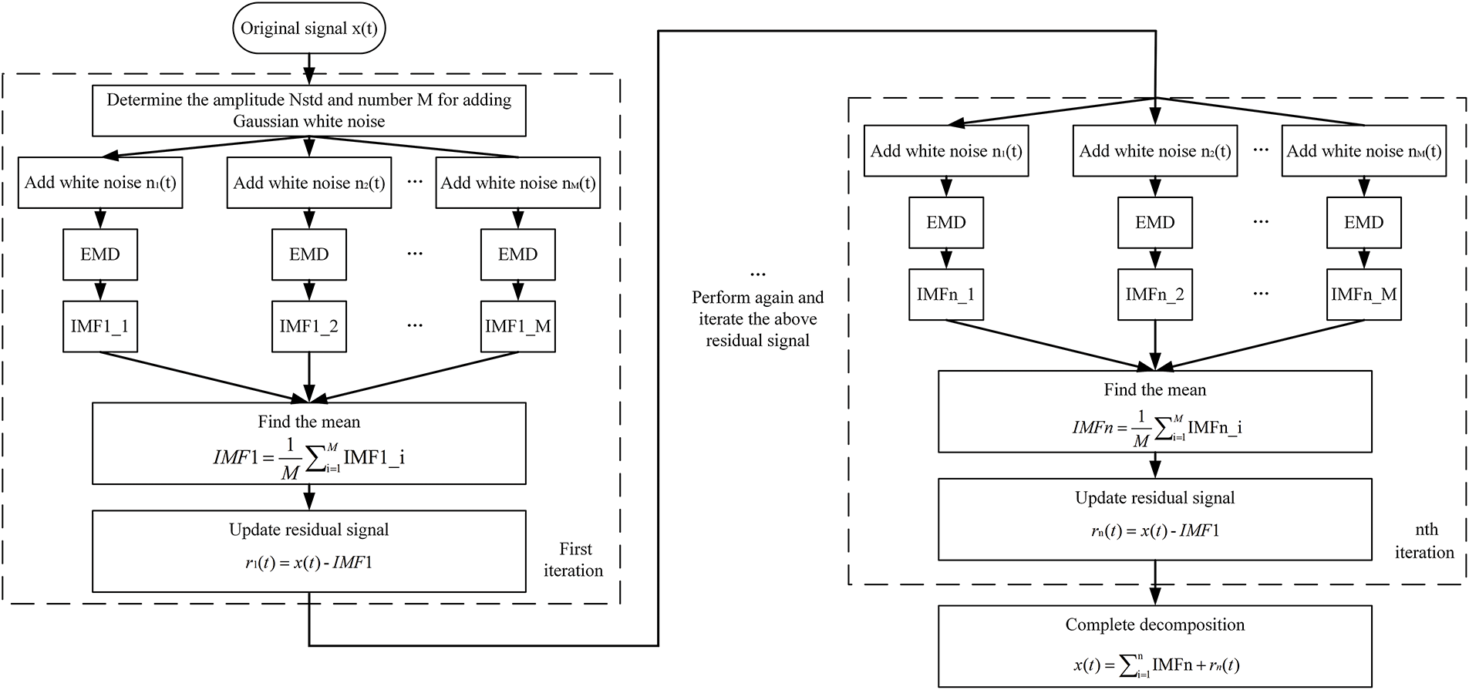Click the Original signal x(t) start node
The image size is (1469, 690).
(x=308, y=29)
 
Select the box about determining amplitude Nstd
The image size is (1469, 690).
(x=308, y=111)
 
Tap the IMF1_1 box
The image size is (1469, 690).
(x=100, y=326)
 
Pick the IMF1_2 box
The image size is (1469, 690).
(x=308, y=326)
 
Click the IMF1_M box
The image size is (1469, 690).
(x=517, y=326)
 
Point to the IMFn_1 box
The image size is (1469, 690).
(x=946, y=294)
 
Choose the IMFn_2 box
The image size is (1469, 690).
(x=1154, y=294)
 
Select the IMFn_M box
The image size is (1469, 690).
(x=1363, y=294)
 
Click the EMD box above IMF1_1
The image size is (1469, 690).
(x=100, y=254)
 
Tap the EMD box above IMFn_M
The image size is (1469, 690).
(x=1363, y=222)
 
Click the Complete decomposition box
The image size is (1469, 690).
(x=1154, y=646)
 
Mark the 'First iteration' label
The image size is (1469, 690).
(x=574, y=560)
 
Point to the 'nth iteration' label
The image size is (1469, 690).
(x=1424, y=541)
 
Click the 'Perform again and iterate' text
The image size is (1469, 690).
(x=757, y=319)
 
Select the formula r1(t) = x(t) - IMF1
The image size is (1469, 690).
(x=308, y=563)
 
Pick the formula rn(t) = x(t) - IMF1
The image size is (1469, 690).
(x=1154, y=530)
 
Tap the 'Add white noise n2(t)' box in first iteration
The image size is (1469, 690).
(x=308, y=183)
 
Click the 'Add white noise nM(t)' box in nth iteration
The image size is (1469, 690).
(x=1363, y=151)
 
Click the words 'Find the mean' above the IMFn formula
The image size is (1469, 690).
(x=1154, y=390)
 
